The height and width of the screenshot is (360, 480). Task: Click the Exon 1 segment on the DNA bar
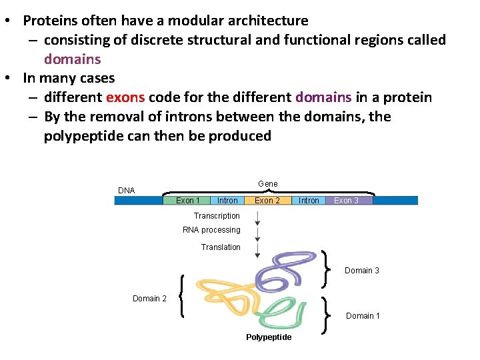click(x=187, y=200)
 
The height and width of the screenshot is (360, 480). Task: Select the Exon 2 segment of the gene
click(x=267, y=200)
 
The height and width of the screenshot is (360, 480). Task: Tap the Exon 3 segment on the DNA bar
click(x=347, y=200)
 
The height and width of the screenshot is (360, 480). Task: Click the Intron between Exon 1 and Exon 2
click(x=227, y=200)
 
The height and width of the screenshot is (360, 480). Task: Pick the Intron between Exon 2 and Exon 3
click(x=309, y=200)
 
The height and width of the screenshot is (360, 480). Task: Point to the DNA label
click(x=127, y=191)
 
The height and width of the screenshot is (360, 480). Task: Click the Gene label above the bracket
click(x=267, y=184)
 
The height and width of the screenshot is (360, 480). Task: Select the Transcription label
click(x=217, y=216)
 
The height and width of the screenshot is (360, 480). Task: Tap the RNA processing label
click(x=211, y=230)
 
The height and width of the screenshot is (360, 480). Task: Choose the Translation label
click(x=221, y=247)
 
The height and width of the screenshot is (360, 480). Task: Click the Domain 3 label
click(x=362, y=271)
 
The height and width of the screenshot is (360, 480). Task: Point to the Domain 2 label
click(x=149, y=299)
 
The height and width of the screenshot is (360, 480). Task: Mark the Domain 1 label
click(x=363, y=316)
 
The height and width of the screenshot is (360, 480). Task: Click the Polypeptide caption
click(x=269, y=337)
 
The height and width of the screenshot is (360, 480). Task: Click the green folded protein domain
click(x=280, y=312)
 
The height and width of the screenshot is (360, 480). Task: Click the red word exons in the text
click(x=125, y=98)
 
